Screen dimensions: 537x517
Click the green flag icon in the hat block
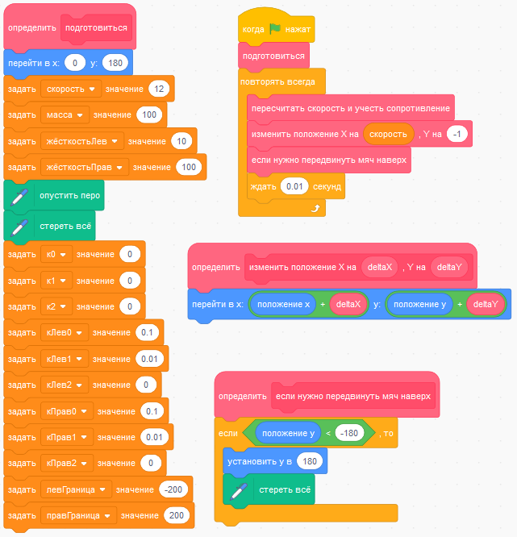tap(275, 29)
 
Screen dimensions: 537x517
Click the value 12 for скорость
tap(158, 89)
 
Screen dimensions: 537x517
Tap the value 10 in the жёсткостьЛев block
tap(181, 141)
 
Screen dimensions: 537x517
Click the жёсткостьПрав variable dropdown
tap(84, 167)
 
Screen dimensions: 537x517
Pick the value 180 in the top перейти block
tap(115, 63)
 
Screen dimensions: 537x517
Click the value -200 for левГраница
tap(173, 489)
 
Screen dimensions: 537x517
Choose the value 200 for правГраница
tap(175, 515)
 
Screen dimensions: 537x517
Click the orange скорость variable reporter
tap(388, 133)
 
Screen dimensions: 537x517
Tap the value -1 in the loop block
tap(457, 133)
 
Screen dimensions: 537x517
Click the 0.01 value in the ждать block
tap(294, 186)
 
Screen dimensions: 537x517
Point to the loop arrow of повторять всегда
tap(315, 208)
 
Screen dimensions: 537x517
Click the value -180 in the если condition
tap(348, 434)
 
